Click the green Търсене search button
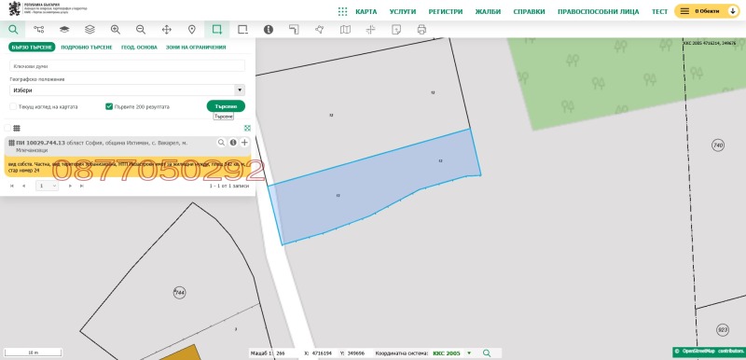tap(226, 106)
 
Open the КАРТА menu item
tap(372, 11)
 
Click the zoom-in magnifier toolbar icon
tap(116, 30)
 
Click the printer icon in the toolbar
tap(421, 30)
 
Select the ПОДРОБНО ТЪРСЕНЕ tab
tap(87, 47)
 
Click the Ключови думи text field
tap(127, 66)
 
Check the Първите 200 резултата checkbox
tap(109, 106)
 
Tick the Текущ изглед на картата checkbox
tap(13, 106)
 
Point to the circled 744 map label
tap(180, 293)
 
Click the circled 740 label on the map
tap(717, 145)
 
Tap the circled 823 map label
tap(723, 330)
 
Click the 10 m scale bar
tap(33, 353)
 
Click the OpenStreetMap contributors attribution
tap(708, 353)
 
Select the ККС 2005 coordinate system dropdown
tap(452, 353)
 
